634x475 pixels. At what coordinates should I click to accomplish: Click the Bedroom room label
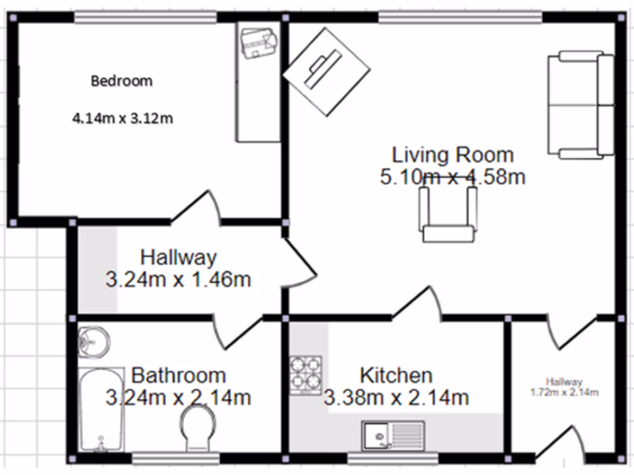coord(121,80)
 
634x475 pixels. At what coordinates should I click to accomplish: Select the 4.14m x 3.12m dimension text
coord(123,118)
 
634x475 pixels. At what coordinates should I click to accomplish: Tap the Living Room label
coord(453,154)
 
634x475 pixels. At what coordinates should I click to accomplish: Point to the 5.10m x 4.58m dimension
coord(453,178)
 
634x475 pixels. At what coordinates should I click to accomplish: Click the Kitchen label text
coord(396,375)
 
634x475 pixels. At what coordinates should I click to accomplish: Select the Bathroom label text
coord(178,375)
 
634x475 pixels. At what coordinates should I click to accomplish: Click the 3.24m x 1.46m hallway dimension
coord(178,280)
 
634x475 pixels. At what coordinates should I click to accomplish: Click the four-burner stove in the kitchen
coord(306,375)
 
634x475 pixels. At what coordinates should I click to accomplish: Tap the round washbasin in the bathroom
coord(93,341)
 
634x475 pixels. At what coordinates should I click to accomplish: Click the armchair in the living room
coord(448,214)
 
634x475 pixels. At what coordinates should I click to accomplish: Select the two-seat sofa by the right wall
coord(580,105)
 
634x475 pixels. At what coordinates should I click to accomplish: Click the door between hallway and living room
coord(300,263)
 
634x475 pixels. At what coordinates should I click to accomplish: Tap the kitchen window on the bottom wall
coord(393,458)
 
